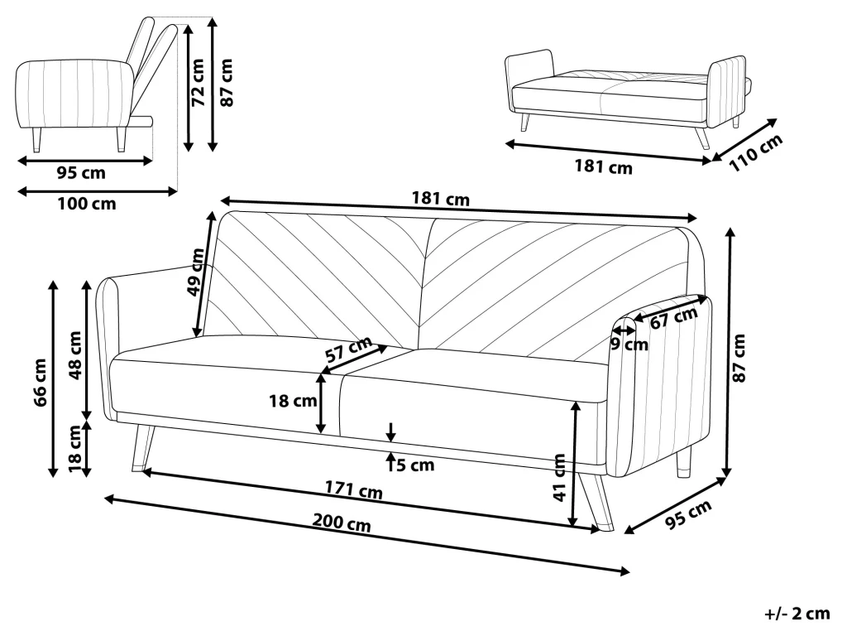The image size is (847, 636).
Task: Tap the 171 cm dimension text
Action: (x=353, y=491)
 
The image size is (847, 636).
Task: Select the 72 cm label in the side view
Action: (x=199, y=85)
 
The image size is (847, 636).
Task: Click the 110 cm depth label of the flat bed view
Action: (x=756, y=153)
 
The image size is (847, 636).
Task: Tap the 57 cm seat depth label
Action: (x=347, y=351)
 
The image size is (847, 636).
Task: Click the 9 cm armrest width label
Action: (x=629, y=344)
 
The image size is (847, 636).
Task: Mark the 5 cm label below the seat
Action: (x=414, y=465)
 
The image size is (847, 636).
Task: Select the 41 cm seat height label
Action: (x=560, y=478)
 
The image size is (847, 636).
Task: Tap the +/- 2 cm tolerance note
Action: (x=796, y=614)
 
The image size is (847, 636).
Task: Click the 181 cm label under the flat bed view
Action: (x=603, y=167)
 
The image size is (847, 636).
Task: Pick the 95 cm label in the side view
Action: (x=81, y=173)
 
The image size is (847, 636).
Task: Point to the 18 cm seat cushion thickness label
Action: (x=294, y=402)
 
